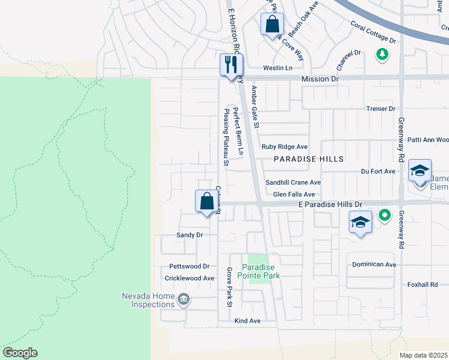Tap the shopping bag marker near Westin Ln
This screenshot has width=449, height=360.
pyautogui.click(x=272, y=25)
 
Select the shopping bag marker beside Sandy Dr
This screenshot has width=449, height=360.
pyautogui.click(x=206, y=202)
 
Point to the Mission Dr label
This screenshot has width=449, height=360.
pyautogui.click(x=320, y=79)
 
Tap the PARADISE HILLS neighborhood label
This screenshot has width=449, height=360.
pyautogui.click(x=309, y=159)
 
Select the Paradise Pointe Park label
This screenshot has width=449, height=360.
pyautogui.click(x=262, y=271)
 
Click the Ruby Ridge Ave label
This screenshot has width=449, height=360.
pyautogui.click(x=285, y=146)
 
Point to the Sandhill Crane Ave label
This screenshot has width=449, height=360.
pyautogui.click(x=293, y=182)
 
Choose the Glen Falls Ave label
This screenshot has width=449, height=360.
pyautogui.click(x=294, y=194)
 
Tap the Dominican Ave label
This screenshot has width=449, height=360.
pyautogui.click(x=374, y=264)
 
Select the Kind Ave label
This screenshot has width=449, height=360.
pyautogui.click(x=247, y=321)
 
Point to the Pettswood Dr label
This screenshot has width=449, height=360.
pyautogui.click(x=189, y=266)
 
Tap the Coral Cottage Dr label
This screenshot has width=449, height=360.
pyautogui.click(x=373, y=33)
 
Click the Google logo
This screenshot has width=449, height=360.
pyautogui.click(x=20, y=353)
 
